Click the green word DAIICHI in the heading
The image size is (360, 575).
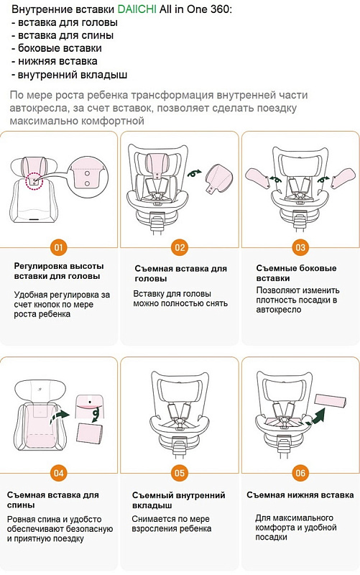pos(137,9)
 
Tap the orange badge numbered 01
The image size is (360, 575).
pos(59,247)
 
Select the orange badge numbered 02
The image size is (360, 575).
pos(180,247)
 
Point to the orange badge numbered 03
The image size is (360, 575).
pos(300,247)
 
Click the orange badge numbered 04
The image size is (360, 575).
pos(59,473)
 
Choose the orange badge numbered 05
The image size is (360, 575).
pos(180,473)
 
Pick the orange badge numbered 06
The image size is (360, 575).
pos(300,473)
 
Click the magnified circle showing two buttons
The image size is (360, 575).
pos(88,175)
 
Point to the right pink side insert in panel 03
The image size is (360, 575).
pos(343,178)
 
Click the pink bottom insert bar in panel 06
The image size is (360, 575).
pos(331,400)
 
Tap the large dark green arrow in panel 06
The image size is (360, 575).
pos(316,415)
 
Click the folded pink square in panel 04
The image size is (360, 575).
pos(89,434)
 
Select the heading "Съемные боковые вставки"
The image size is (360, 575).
pos(296,273)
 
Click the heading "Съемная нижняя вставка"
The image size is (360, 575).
pos(300,495)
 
